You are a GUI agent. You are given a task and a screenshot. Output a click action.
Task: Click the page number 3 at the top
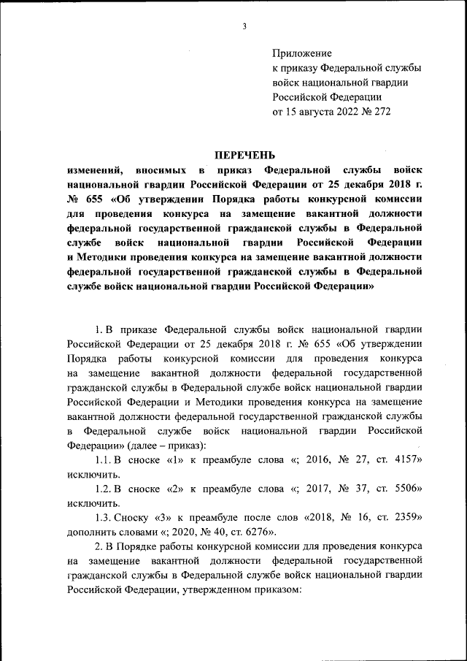tap(244, 27)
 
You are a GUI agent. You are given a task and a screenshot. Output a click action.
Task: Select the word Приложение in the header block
tap(302, 53)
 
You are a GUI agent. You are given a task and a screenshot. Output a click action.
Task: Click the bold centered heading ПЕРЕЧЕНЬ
tap(244, 154)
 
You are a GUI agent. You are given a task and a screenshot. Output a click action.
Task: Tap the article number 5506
tap(407, 489)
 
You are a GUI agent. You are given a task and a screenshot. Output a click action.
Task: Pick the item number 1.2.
tap(104, 489)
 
